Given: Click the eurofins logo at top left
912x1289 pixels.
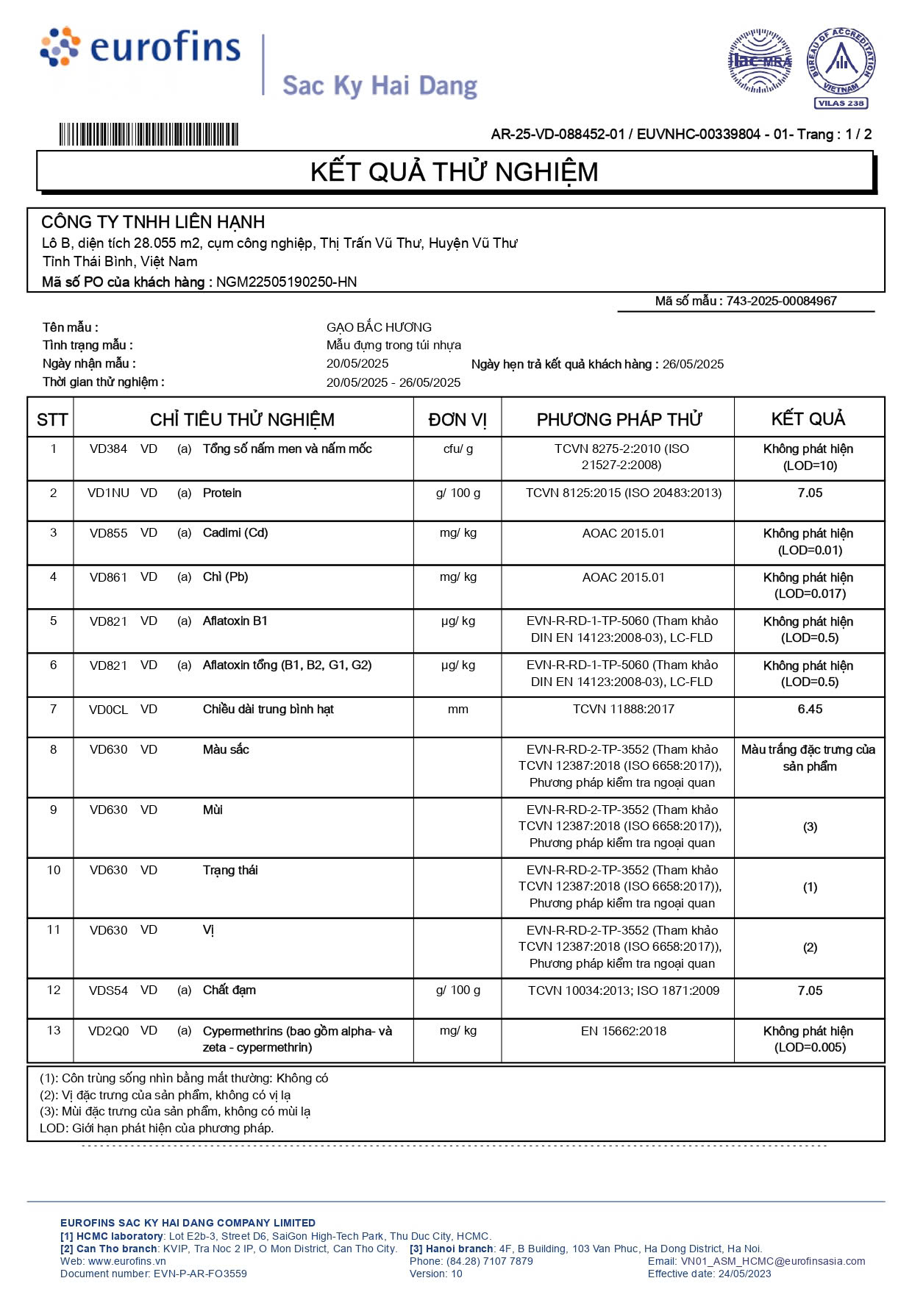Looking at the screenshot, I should [x=140, y=48].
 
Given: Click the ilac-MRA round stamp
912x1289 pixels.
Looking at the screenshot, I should [x=760, y=61].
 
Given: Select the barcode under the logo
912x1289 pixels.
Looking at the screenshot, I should [x=149, y=135].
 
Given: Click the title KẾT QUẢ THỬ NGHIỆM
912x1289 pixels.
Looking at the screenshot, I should [x=454, y=172].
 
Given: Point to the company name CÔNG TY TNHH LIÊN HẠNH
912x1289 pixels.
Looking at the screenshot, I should [x=153, y=222].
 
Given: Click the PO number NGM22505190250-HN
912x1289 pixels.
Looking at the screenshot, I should [x=286, y=282].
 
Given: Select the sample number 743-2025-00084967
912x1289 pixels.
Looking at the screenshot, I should [x=781, y=301].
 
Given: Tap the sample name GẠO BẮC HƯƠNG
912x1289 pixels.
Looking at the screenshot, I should [x=379, y=327].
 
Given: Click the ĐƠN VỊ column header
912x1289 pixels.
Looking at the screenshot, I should [x=457, y=420].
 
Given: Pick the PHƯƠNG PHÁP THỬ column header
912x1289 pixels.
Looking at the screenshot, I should [x=619, y=420].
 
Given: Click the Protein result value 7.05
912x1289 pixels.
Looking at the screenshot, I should [x=810, y=493].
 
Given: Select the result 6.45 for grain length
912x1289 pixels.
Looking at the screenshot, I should [x=810, y=710].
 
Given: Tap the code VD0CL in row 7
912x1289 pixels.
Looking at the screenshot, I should [x=108, y=710].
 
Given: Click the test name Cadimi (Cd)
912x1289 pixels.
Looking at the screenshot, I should [x=235, y=533].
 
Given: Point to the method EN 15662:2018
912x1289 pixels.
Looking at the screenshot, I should [x=623, y=1031].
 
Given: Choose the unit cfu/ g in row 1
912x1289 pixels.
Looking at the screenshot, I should [x=458, y=449].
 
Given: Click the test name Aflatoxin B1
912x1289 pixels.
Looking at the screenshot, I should [x=235, y=621].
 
